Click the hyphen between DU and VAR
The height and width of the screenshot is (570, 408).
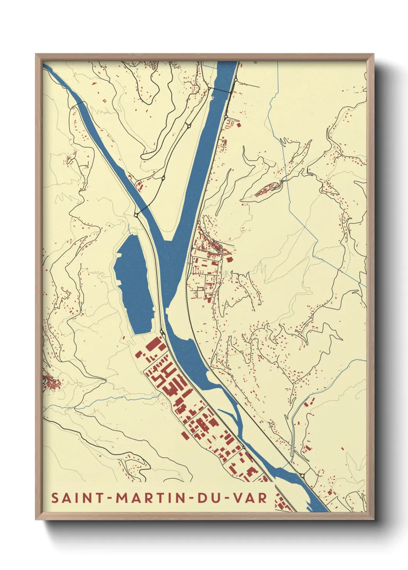coord(228,498)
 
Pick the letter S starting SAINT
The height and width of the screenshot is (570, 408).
coord(55,498)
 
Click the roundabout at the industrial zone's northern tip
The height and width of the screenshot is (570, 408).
coord(162,332)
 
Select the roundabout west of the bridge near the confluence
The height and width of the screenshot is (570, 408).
coord(137,214)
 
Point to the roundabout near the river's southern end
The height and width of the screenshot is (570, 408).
coord(302,476)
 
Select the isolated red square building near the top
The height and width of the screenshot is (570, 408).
coord(238,124)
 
